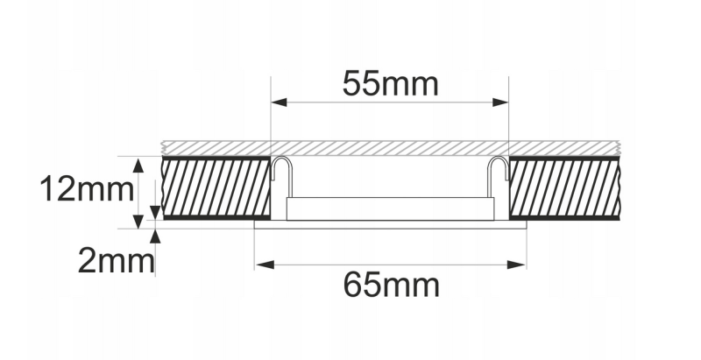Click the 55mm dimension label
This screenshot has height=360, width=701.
pos(390,83)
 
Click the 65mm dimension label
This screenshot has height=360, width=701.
pos(392,285)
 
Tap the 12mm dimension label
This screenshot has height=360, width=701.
pos(87,189)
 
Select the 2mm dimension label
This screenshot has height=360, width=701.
pos(116,261)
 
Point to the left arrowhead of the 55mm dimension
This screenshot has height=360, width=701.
pos(279,102)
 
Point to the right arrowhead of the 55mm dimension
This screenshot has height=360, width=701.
pos(500,102)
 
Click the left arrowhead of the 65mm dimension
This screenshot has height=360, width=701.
pos(264,265)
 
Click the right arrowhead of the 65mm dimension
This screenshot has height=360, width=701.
pos(517,265)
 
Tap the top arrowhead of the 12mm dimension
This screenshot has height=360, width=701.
pos(138,165)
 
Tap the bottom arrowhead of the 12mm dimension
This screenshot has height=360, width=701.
pos(138,221)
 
